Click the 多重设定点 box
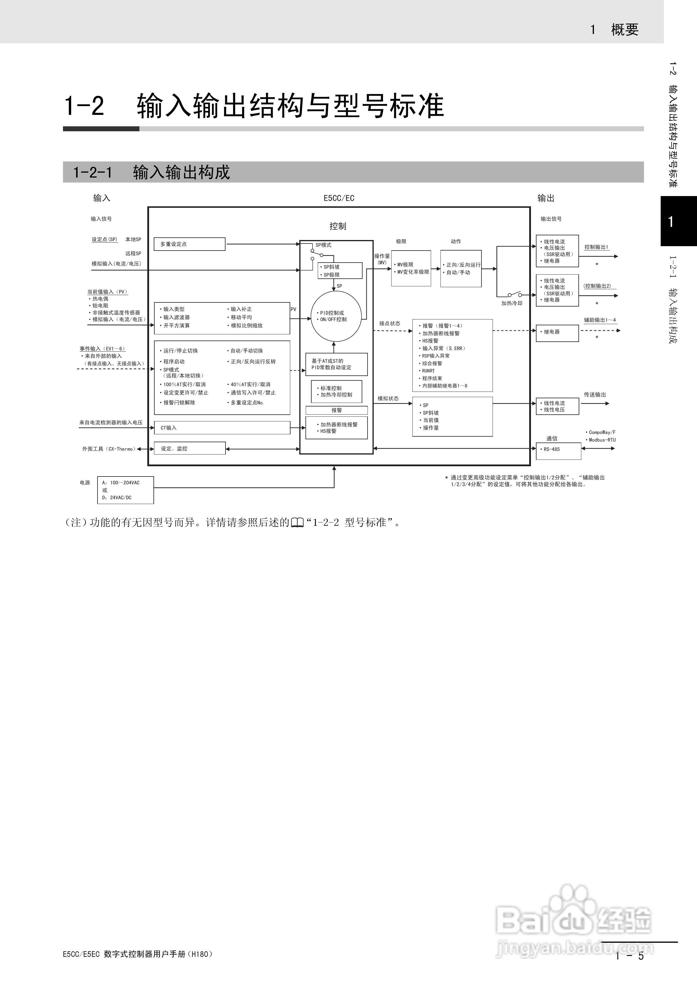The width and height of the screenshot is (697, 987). pyautogui.click(x=189, y=244)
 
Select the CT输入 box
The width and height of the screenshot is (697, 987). pyautogui.click(x=222, y=428)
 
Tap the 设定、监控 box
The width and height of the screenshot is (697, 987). pyautogui.click(x=189, y=448)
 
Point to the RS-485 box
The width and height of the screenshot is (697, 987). pyautogui.click(x=558, y=450)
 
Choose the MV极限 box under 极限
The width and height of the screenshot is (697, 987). pyautogui.click(x=411, y=268)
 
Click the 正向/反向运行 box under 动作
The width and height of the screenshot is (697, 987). pyautogui.click(x=461, y=268)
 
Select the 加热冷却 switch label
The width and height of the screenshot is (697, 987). pyautogui.click(x=511, y=303)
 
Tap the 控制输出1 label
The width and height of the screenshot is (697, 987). pyautogui.click(x=596, y=247)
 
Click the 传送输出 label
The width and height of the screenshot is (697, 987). pyautogui.click(x=595, y=395)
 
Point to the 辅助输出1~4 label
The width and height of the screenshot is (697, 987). pyautogui.click(x=599, y=320)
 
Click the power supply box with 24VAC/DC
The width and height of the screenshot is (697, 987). pyautogui.click(x=125, y=490)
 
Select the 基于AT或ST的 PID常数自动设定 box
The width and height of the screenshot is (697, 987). pyautogui.click(x=336, y=364)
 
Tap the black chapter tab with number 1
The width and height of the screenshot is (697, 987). pyautogui.click(x=678, y=221)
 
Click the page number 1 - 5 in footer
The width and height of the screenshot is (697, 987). pyautogui.click(x=630, y=956)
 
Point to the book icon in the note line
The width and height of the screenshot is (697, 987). pyautogui.click(x=297, y=523)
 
